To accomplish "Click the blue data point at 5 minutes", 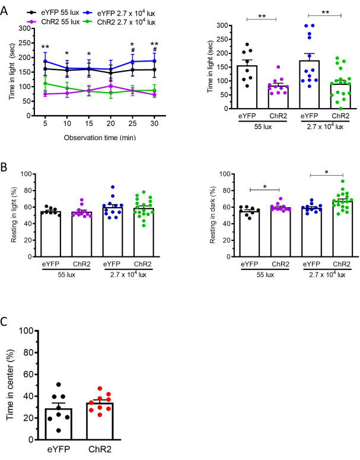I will (45, 61).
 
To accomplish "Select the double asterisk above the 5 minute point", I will (45, 47).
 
